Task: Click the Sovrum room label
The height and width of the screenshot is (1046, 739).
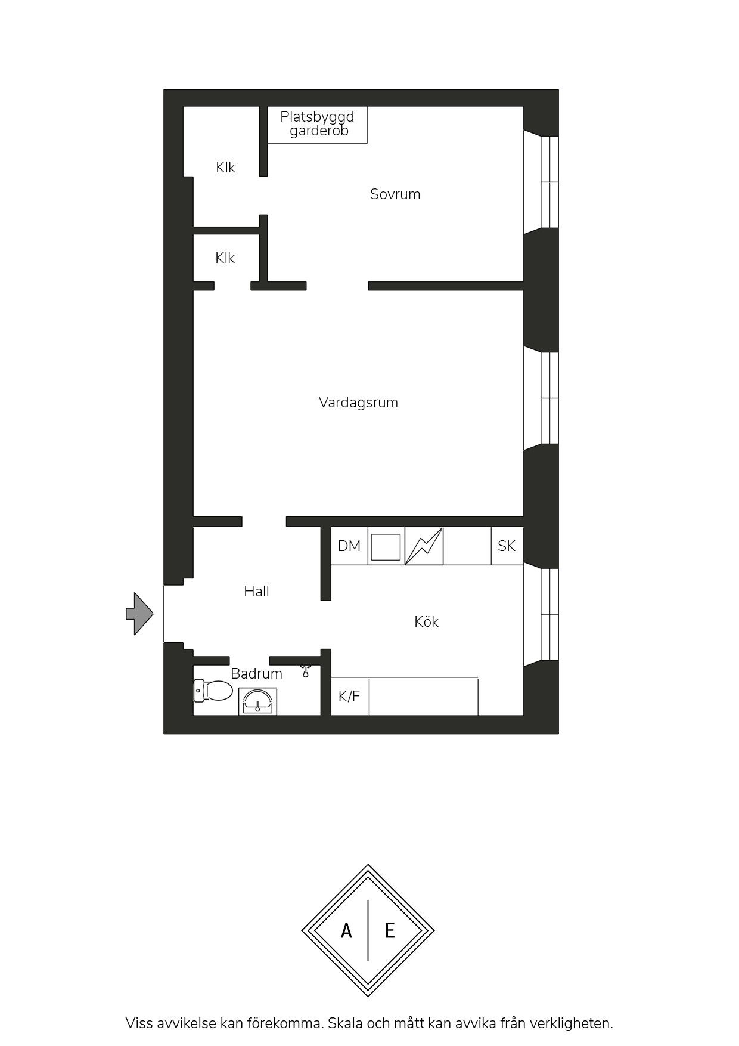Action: pyautogui.click(x=395, y=194)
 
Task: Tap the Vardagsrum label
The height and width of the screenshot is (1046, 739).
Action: pyautogui.click(x=358, y=403)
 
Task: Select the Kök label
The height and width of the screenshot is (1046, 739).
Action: pyautogui.click(x=426, y=622)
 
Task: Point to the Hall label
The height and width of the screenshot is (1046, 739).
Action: pyautogui.click(x=256, y=592)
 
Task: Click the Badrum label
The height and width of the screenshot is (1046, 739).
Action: pyautogui.click(x=256, y=674)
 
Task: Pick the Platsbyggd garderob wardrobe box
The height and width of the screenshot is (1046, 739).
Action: pyautogui.click(x=317, y=125)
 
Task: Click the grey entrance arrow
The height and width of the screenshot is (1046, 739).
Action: pyautogui.click(x=139, y=614)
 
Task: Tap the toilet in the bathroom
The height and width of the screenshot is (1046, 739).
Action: pyautogui.click(x=213, y=691)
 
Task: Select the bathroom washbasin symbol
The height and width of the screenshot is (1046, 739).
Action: pyautogui.click(x=257, y=701)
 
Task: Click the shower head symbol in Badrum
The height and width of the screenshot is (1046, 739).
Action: pyautogui.click(x=306, y=671)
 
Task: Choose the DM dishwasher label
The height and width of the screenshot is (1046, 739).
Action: pyautogui.click(x=349, y=546)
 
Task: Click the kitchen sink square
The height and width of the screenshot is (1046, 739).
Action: pyautogui.click(x=386, y=547)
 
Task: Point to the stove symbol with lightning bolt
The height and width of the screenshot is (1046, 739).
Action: pyautogui.click(x=424, y=546)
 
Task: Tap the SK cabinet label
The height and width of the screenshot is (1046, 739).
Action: pyautogui.click(x=507, y=546)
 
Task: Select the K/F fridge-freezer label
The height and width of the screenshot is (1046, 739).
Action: pyautogui.click(x=349, y=697)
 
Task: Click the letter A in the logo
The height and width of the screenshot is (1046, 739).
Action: pyautogui.click(x=346, y=931)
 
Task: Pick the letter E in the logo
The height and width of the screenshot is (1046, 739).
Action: pyautogui.click(x=390, y=931)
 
